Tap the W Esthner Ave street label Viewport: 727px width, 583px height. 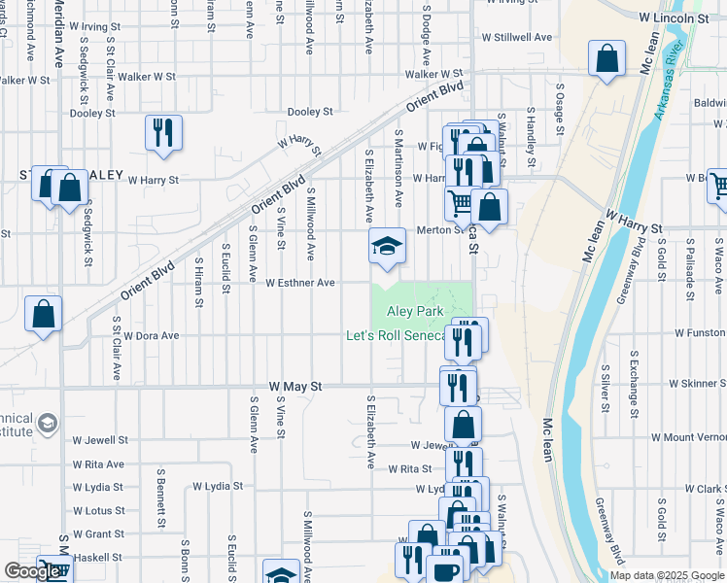300,283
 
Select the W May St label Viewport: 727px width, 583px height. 289,387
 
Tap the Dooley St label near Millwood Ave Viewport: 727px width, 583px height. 310,112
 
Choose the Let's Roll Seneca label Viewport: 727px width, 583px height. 396,336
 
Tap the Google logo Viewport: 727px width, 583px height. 32,571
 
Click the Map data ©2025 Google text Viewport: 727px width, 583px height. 667,575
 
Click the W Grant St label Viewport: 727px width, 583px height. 98,533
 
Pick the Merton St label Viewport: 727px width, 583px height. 436,230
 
